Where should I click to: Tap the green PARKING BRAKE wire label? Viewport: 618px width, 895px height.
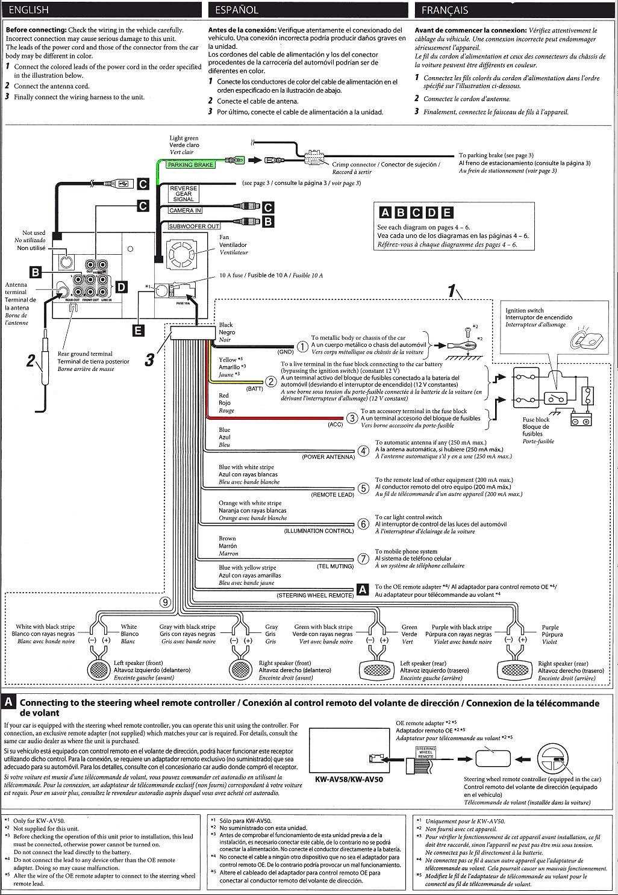point(190,164)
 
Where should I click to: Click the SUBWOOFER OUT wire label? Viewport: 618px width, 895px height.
point(194,226)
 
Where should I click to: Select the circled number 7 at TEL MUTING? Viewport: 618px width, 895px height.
point(363,559)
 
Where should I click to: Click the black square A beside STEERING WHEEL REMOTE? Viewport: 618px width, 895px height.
point(363,590)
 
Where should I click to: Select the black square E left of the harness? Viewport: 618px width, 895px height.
point(139,329)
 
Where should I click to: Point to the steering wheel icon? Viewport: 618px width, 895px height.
point(553,756)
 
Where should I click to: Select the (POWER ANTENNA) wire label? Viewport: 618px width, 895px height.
point(328,457)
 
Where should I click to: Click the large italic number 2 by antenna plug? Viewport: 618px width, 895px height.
point(31,361)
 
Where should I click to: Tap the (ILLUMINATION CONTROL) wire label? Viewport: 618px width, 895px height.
point(319,531)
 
